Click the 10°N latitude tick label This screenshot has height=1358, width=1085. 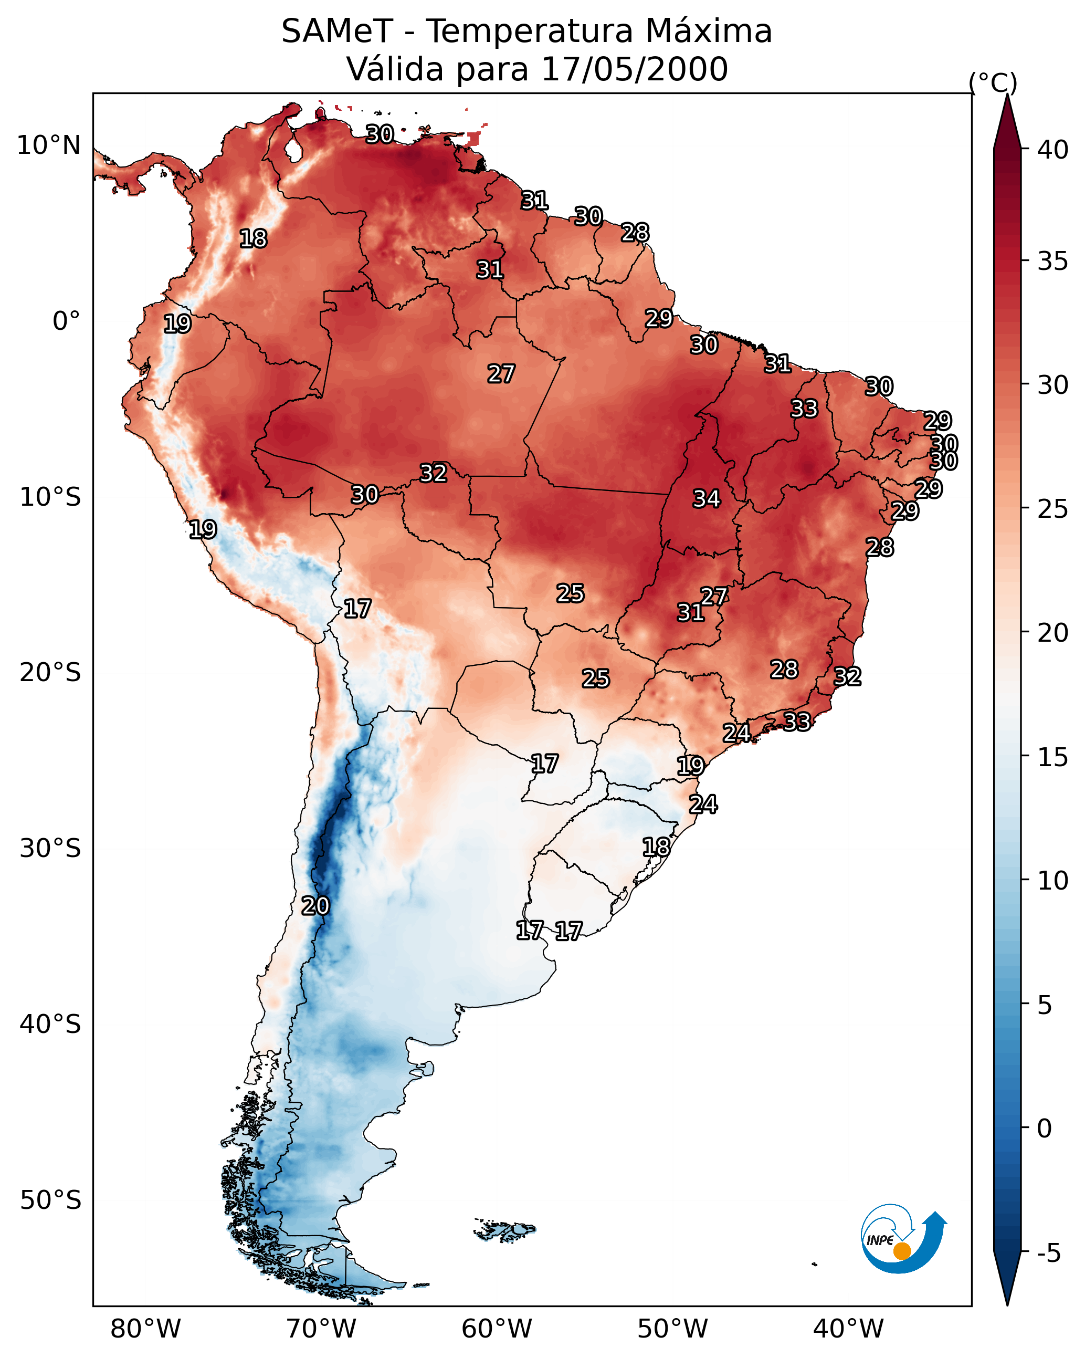[x=48, y=145]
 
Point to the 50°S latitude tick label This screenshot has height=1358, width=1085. [x=50, y=1200]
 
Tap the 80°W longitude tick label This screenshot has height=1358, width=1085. [x=145, y=1329]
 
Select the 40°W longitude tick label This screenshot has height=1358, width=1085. [x=848, y=1329]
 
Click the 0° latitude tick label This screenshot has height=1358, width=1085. [x=66, y=321]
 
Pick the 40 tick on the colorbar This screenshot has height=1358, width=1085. [x=1053, y=150]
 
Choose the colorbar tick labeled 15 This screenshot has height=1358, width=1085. [x=1053, y=757]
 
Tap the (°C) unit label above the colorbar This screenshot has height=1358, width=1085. [x=993, y=82]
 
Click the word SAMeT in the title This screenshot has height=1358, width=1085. [x=337, y=32]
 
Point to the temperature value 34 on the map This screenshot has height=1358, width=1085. [x=707, y=499]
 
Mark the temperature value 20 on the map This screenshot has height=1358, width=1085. [x=315, y=906]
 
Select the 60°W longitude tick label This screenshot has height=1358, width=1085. [x=497, y=1329]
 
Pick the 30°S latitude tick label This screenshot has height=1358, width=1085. [x=50, y=849]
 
